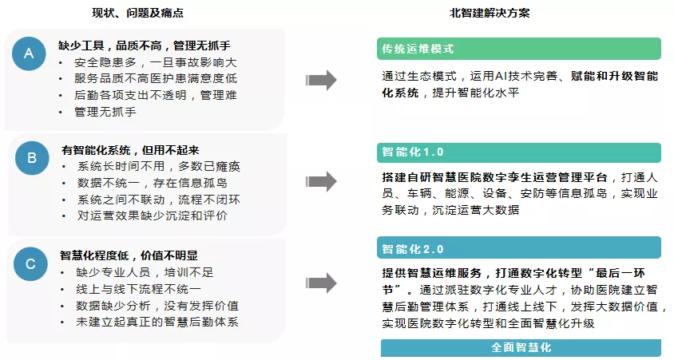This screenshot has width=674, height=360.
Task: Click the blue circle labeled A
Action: click(x=29, y=53)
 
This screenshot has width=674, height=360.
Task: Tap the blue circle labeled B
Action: click(x=32, y=158)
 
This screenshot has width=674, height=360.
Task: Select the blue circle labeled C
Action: click(x=30, y=263)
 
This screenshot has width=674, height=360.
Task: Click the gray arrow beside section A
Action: click(x=321, y=80)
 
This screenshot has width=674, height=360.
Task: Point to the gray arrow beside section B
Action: click(x=321, y=182)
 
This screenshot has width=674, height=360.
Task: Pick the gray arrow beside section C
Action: click(x=321, y=283)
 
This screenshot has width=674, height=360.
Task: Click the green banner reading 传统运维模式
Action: click(x=519, y=49)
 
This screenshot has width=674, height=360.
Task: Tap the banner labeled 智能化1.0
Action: click(x=519, y=152)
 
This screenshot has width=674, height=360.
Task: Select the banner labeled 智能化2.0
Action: click(x=519, y=248)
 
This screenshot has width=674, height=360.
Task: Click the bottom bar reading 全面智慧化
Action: click(x=521, y=347)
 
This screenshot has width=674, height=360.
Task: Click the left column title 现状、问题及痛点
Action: click(x=137, y=13)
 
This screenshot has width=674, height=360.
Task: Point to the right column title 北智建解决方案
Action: click(x=490, y=13)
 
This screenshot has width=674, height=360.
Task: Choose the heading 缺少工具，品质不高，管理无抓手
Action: click(x=145, y=45)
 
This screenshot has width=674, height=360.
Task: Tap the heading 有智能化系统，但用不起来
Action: click(x=130, y=150)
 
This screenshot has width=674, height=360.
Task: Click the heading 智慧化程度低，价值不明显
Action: click(x=129, y=255)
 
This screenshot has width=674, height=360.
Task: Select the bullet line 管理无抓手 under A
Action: click(x=105, y=112)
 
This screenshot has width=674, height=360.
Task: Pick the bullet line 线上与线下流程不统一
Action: click(x=138, y=289)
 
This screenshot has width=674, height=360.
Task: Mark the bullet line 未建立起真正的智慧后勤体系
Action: click(x=157, y=322)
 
